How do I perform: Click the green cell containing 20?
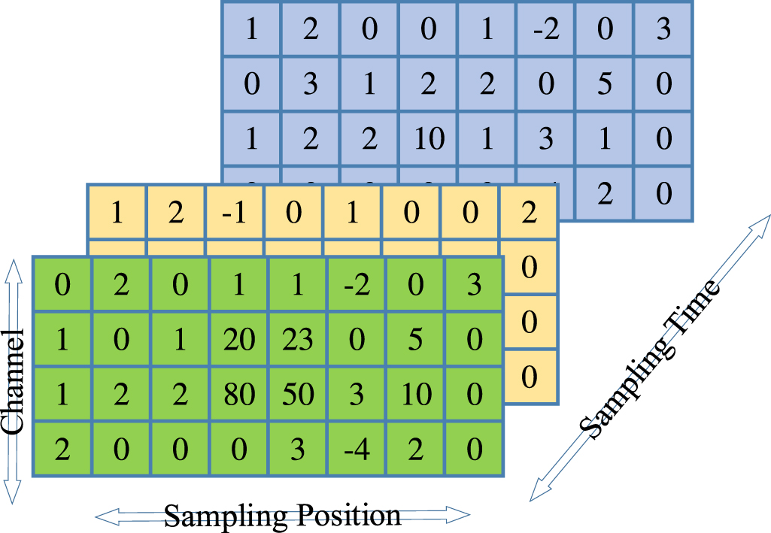pos(239,341)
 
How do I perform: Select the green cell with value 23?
pos(298,341)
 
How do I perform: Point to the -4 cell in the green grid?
pos(357,450)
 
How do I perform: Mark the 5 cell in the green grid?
pos(415,341)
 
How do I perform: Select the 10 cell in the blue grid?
pos(429,138)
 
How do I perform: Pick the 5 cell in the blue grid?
pos(605,83)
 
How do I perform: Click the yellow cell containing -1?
pos(235,212)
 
